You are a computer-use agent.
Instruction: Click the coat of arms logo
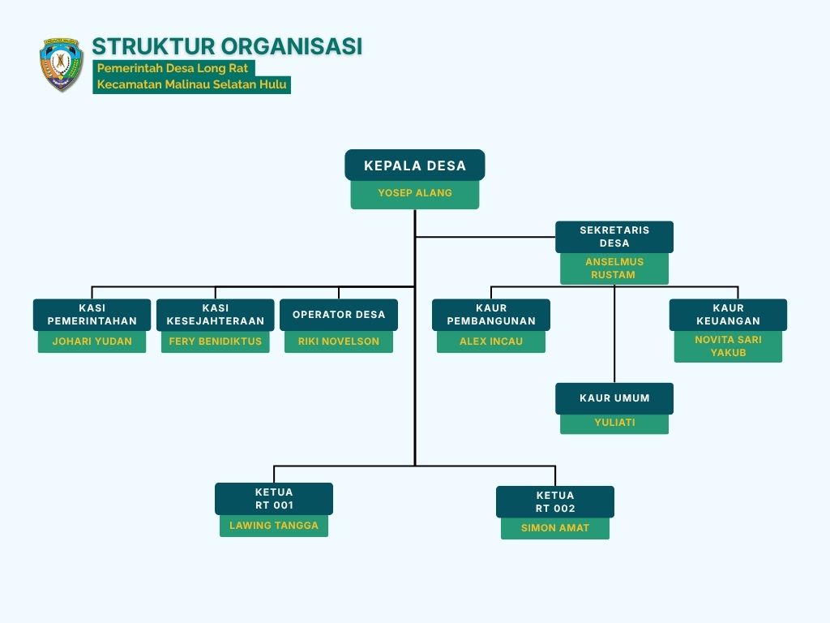pos(62,64)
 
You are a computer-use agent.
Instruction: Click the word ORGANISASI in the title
pos(292,46)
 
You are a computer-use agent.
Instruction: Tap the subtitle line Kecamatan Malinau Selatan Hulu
pos(191,84)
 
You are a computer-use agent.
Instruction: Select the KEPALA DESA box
pos(415,165)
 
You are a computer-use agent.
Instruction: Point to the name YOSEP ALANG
pos(415,193)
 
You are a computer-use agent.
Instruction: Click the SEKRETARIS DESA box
pos(614,237)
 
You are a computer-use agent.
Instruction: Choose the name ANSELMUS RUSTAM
pos(614,268)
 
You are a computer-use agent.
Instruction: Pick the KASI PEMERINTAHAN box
pos(92,315)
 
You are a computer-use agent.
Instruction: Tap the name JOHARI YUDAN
pos(92,342)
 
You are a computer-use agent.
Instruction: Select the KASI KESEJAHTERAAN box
pos(216,315)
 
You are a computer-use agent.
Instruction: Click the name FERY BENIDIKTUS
pos(216,342)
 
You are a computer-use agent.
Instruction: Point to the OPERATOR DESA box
pos(339,315)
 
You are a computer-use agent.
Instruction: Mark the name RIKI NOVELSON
pos(339,342)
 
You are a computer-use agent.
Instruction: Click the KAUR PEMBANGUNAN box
pos(491,315)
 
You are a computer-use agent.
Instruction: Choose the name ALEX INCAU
pos(491,342)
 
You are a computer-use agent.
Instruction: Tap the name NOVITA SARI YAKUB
pos(729,346)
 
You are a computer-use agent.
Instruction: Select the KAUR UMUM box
pos(614,398)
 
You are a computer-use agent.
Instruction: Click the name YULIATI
pos(614,423)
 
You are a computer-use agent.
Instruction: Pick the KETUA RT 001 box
pos(274,499)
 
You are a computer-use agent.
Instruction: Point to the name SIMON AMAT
pos(555,528)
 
